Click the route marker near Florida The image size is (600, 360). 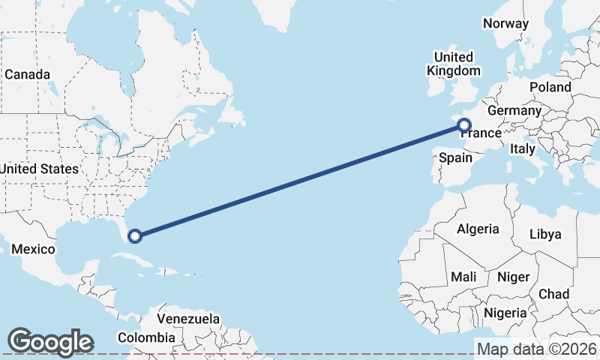(135, 236)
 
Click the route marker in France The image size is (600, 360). (464, 125)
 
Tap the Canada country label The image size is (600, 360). (28, 75)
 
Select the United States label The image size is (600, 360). (39, 169)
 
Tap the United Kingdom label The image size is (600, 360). (454, 64)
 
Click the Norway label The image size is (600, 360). (506, 23)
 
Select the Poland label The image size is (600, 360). (550, 87)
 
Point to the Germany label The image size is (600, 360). (514, 111)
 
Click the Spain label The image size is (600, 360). (455, 157)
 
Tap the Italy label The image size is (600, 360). (523, 150)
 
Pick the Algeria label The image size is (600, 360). (478, 229)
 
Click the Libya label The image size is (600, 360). (545, 234)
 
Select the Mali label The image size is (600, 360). (463, 277)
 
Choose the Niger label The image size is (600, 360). (514, 277)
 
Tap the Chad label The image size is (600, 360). (553, 294)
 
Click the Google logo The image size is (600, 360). (50, 342)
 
